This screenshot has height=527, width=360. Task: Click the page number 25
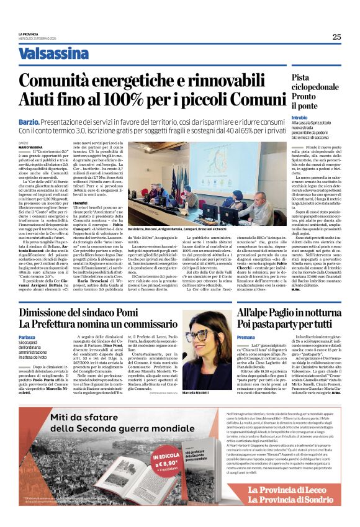[336, 37]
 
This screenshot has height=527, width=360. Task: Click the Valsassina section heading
[53, 53]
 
